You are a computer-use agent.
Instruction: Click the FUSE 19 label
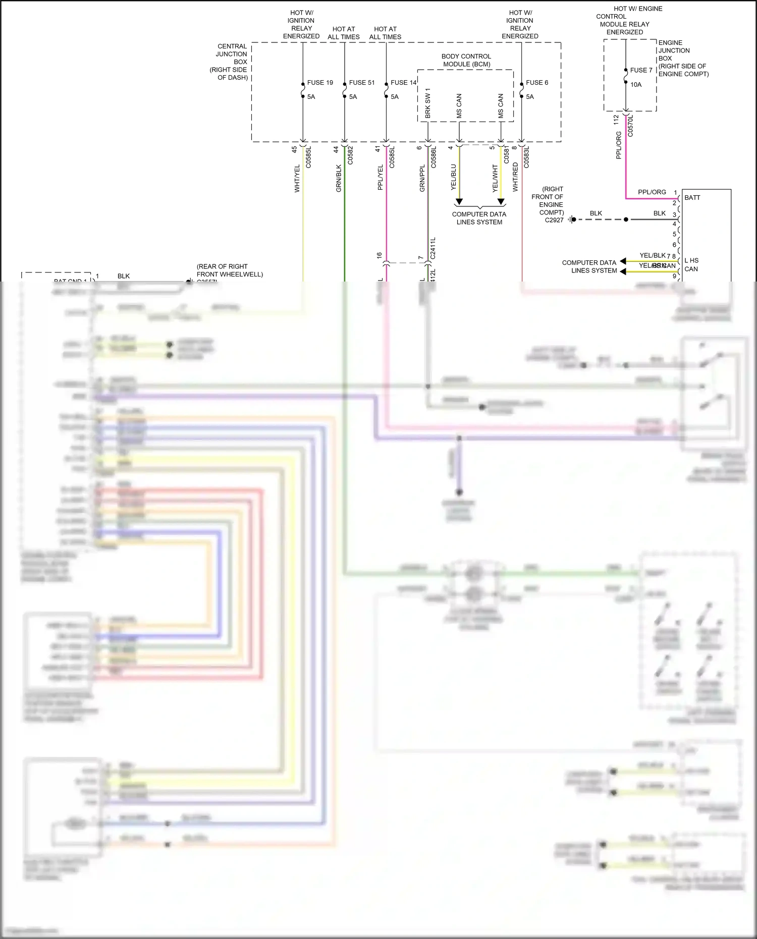pos(320,83)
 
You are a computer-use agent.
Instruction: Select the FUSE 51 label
pos(361,83)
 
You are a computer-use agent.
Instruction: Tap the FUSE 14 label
pos(403,83)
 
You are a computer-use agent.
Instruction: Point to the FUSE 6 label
pos(536,83)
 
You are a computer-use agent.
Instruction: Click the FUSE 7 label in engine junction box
pos(641,70)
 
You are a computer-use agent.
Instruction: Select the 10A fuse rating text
pos(636,85)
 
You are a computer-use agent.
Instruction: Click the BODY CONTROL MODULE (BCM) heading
pos(466,60)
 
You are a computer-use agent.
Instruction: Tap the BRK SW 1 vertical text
pos(428,103)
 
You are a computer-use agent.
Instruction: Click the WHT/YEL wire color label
pos(297,178)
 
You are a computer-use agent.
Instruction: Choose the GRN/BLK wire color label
pos(339,178)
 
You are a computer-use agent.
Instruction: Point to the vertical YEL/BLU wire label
pos(453,177)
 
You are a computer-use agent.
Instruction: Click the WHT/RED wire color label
pos(515,177)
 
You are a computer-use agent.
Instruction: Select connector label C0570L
pos(630,126)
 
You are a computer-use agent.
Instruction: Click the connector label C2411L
pos(433,248)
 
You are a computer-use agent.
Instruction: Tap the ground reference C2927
pos(554,220)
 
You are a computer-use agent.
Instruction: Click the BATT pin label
pos(692,198)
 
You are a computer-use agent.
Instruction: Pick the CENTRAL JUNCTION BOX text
pos(232,62)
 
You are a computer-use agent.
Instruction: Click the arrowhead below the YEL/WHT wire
pos(501,202)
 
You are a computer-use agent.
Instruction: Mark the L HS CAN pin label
pos(691,265)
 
